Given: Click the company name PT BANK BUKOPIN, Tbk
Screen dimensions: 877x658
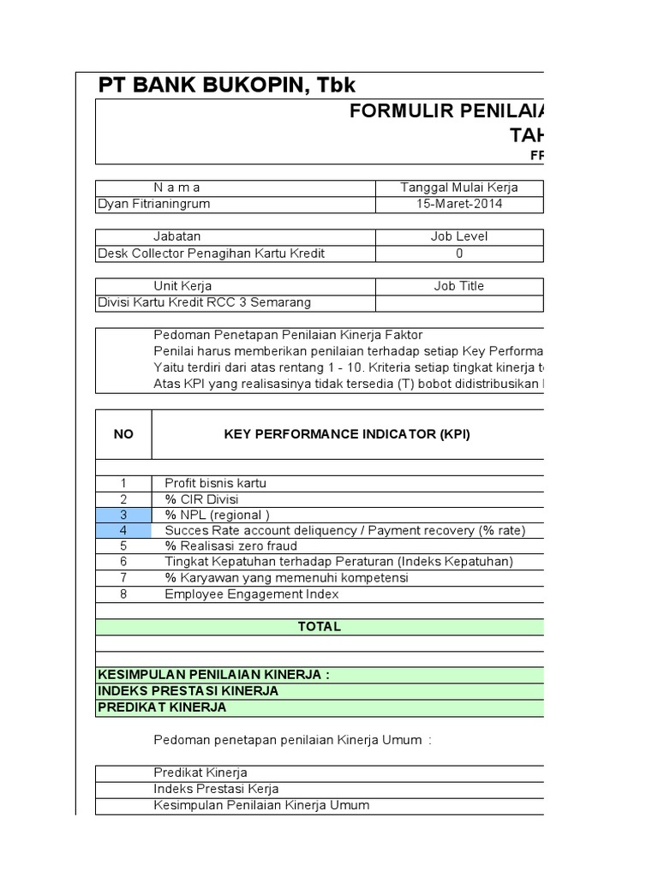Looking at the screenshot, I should point(226,85).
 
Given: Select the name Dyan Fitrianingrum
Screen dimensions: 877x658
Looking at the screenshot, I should point(154,205).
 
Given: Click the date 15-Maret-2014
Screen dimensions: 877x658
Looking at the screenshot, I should point(459,205).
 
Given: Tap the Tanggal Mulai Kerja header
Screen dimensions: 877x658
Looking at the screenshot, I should point(459,188).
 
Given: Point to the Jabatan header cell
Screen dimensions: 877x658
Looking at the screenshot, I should point(177,236).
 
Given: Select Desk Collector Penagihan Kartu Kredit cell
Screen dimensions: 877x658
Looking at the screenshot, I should point(212,254).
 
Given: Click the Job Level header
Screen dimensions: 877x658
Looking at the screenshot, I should point(459,236).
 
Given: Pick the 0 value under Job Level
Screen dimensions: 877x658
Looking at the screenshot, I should point(459,254).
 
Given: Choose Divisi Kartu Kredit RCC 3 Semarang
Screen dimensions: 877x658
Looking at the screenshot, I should point(205,302).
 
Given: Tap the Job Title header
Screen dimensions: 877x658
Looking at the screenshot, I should point(459,286).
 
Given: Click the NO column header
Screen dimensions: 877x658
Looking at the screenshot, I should point(123,434).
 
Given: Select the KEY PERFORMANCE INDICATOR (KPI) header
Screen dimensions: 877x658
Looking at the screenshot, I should point(347,434).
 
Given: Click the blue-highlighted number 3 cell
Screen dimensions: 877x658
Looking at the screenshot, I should point(123,515).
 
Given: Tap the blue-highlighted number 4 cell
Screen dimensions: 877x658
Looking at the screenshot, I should point(123,530).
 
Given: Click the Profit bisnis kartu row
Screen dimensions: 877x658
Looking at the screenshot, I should point(215,483).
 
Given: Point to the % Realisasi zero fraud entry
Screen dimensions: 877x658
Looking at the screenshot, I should point(230,546).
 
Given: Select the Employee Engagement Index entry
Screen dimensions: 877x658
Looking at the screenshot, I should point(252,594).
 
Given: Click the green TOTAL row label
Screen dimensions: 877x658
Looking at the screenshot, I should point(319,627).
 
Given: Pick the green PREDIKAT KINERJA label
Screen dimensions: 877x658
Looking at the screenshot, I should point(163,707).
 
